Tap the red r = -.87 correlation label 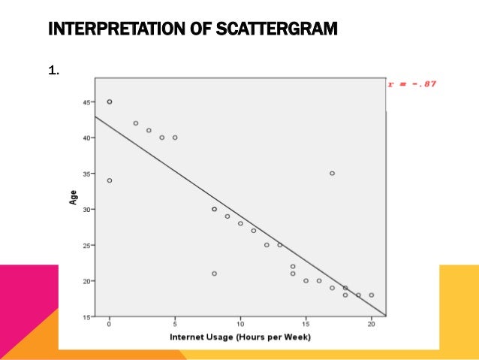pyautogui.click(x=411, y=83)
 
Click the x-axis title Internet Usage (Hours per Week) pyautogui.click(x=240, y=337)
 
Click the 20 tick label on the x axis pyautogui.click(x=371, y=325)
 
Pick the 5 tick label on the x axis pyautogui.click(x=175, y=325)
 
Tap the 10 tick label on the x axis pyautogui.click(x=240, y=325)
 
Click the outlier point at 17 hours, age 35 pyautogui.click(x=332, y=174)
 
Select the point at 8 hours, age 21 pyautogui.click(x=214, y=274)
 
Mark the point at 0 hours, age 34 pyautogui.click(x=110, y=180)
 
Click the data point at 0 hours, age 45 pyautogui.click(x=110, y=101)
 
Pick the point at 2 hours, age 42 pyautogui.click(x=136, y=123)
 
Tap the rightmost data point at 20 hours pyautogui.click(x=371, y=295)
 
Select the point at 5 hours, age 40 pyautogui.click(x=175, y=138)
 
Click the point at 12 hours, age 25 pyautogui.click(x=267, y=245)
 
